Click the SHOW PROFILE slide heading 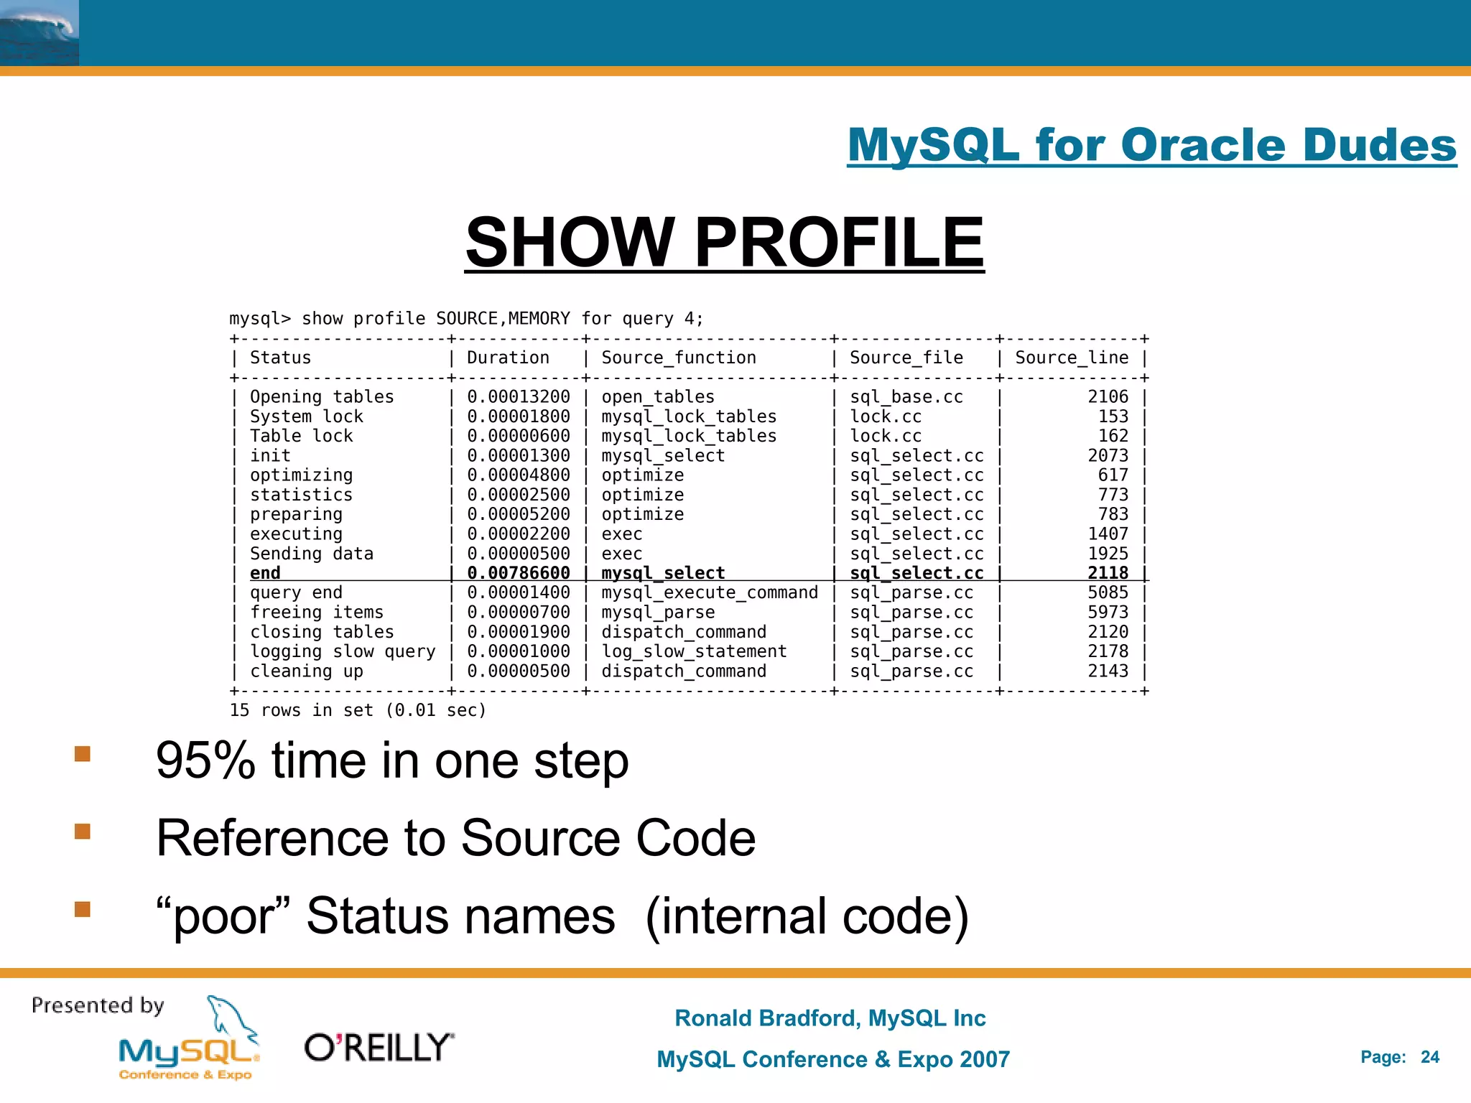724,243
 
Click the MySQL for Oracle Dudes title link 1151,145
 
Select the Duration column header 508,358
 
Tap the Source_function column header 679,358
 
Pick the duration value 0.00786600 519,573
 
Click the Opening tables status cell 322,397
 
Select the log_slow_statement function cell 694,651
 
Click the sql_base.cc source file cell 906,397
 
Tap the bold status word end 265,573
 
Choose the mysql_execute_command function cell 710,592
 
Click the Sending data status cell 312,554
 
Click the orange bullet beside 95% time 83,753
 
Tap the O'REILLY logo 379,1048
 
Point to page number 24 1429,1057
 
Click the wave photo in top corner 40,33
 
